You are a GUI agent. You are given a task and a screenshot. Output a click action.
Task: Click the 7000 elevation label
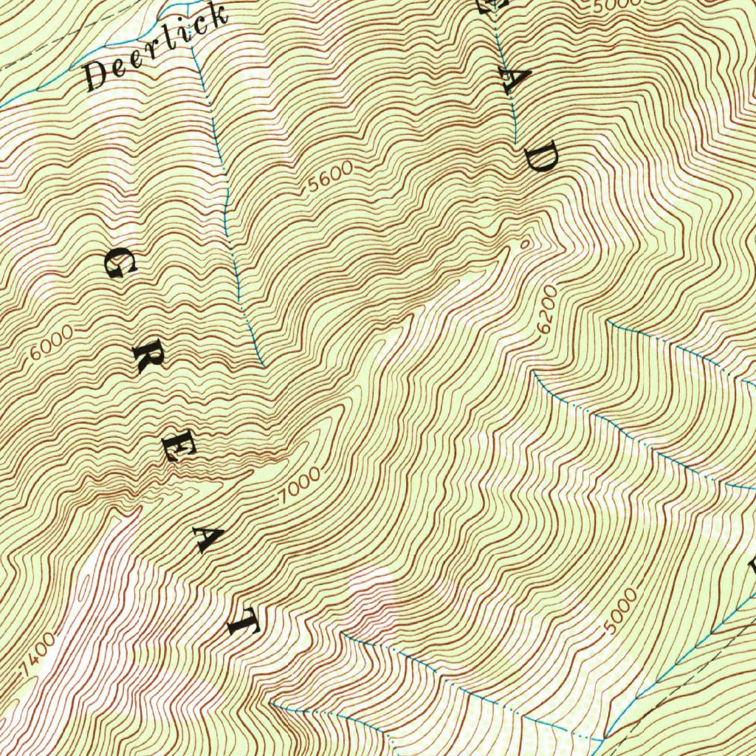pos(300,486)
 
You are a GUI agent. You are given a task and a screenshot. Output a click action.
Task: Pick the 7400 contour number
pos(38,653)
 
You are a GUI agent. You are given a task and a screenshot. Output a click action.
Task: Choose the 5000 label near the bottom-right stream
pos(619,611)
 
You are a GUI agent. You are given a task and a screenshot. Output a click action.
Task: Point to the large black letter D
pos(541,157)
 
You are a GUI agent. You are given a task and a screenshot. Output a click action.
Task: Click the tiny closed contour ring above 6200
pos(525,241)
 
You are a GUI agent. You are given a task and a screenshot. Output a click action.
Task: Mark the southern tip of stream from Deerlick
pos(264,365)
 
